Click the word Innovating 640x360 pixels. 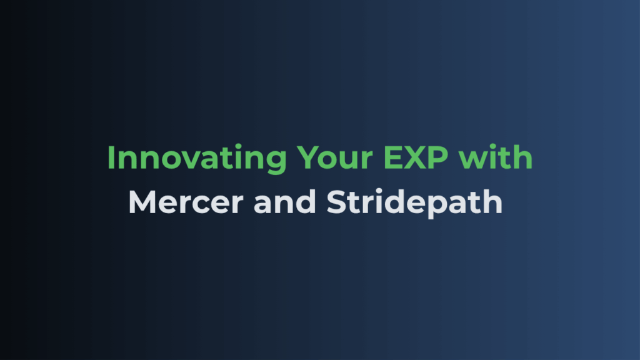coord(197,159)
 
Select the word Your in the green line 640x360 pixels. coord(334,157)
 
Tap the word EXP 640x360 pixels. coord(416,157)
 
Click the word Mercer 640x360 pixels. coord(186,202)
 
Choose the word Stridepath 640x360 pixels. coord(415,203)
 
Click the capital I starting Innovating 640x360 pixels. coord(110,157)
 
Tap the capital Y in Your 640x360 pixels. coord(307,157)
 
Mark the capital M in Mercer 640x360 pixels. coord(142,202)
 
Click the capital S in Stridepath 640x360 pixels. coord(337,202)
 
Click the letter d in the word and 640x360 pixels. coord(306,201)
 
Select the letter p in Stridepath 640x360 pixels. coord(439,207)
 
